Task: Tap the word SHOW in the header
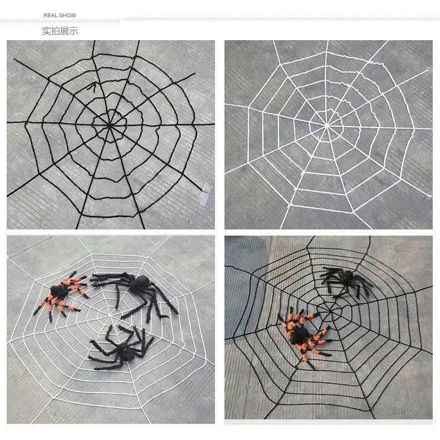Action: point(67,16)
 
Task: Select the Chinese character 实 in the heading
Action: point(46,31)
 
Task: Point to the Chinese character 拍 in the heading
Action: point(55,31)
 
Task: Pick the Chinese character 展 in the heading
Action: point(64,31)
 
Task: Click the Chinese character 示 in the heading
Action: point(74,31)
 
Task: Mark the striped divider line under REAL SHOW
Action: point(220,20)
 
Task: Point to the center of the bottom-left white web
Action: point(110,316)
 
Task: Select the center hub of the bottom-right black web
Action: point(330,311)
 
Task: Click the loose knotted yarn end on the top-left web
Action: point(92,87)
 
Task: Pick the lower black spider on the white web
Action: point(121,348)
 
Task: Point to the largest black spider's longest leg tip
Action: point(177,312)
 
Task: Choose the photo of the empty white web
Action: point(329,135)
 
